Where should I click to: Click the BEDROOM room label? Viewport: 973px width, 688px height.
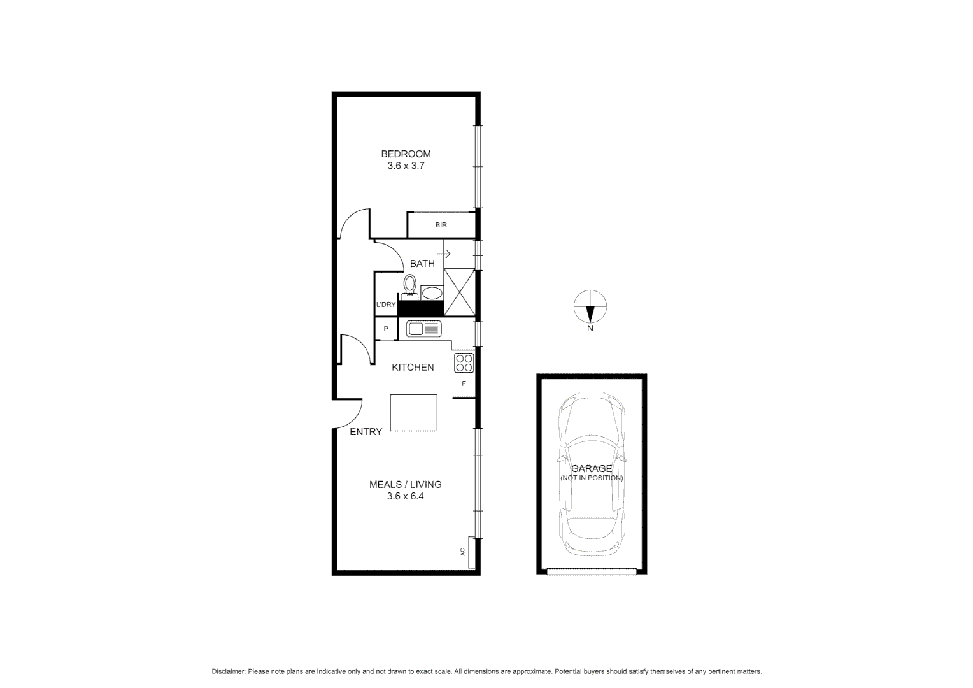pos(406,154)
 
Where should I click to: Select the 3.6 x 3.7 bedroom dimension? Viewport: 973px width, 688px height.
pos(406,166)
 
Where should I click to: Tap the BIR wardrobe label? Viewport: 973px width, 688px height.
pos(441,225)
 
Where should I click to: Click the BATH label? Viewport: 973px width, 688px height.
pos(422,263)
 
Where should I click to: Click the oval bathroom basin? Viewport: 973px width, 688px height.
pos(432,294)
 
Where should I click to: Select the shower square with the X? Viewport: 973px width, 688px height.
pos(459,292)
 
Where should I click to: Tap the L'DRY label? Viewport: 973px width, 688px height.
pos(386,305)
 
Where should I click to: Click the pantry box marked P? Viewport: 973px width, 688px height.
pos(386,329)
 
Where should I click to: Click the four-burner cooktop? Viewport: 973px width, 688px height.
pos(464,362)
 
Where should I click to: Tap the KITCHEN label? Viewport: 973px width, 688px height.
pos(413,367)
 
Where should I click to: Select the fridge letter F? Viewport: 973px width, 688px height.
pos(464,383)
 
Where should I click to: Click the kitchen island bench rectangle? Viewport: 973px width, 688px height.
pos(414,413)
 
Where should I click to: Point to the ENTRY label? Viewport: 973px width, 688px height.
pos(366,432)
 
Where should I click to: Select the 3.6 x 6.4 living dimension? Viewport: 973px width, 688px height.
pos(405,496)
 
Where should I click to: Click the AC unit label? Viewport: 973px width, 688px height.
pos(462,552)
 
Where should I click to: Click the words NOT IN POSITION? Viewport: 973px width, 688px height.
pos(592,478)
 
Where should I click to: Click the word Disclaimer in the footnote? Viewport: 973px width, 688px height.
pos(228,671)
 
